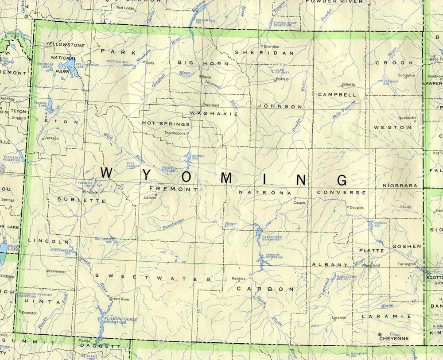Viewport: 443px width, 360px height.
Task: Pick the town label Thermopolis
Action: [x=175, y=133]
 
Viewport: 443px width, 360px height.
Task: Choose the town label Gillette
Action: [x=349, y=84]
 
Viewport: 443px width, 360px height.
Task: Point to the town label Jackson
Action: [x=52, y=138]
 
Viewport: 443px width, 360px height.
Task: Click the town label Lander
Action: [x=151, y=197]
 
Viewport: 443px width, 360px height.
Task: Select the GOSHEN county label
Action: [x=406, y=246]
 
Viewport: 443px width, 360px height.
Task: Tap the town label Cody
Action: [x=150, y=63]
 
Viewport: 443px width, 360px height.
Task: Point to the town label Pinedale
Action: [x=91, y=193]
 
